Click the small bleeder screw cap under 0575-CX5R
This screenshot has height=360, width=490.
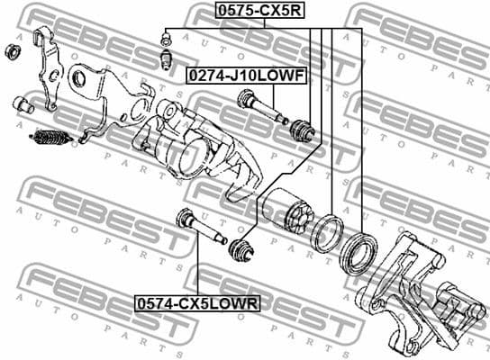point(164,39)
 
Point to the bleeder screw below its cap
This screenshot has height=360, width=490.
point(165,59)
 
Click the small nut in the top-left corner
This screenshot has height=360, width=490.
point(13,49)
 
